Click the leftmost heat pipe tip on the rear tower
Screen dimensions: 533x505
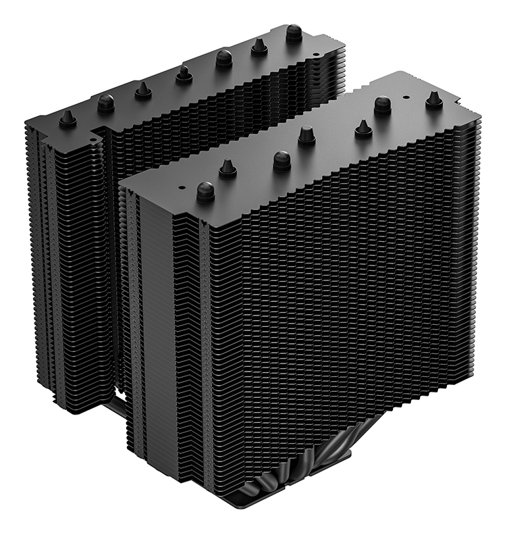(67, 119)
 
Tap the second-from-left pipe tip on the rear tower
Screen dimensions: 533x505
(106, 103)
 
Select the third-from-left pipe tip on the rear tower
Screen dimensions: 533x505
(143, 90)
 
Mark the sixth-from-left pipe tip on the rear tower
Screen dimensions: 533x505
(259, 46)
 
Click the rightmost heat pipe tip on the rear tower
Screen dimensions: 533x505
(294, 32)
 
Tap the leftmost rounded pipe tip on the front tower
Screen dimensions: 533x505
(205, 192)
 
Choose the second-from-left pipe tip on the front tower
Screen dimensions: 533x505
(228, 168)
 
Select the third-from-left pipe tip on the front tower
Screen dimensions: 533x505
(282, 160)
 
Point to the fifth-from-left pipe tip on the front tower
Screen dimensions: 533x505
(363, 128)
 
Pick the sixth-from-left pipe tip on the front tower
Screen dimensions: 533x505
(383, 105)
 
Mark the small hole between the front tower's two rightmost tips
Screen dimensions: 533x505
(406, 99)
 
